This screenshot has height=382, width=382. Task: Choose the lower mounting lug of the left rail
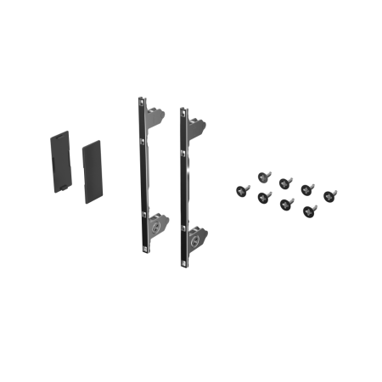tap(157, 225)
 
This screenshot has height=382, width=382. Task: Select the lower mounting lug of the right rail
tap(196, 235)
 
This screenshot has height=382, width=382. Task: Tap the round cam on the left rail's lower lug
tap(155, 228)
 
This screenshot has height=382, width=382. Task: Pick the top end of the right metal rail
tap(181, 110)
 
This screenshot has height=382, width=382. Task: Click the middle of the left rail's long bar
tap(143, 174)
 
